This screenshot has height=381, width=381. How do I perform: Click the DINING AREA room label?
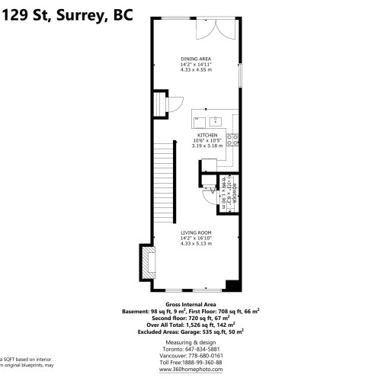(196, 59)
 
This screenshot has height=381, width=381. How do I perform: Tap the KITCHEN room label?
(207, 135)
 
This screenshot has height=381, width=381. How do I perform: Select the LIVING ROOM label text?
(196, 232)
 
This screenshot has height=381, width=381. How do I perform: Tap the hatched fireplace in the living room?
(146, 262)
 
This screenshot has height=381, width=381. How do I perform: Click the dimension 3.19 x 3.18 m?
(207, 146)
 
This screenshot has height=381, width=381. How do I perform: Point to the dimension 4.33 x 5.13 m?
(196, 244)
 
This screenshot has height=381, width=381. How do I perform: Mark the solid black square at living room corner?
(232, 286)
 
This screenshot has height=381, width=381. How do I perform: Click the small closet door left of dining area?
(160, 104)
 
